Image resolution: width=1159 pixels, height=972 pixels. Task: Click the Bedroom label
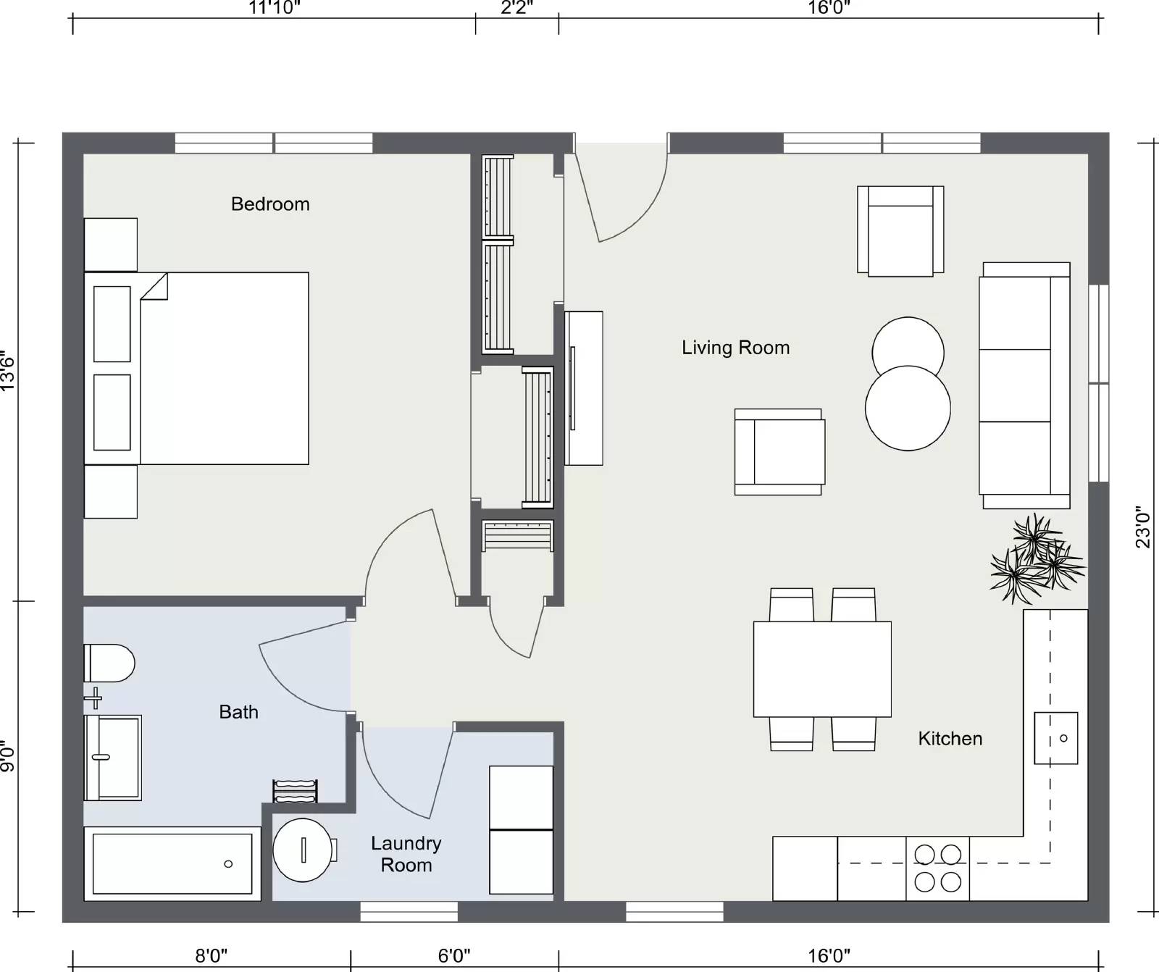[x=270, y=204]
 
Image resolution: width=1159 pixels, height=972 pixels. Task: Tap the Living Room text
[x=735, y=348]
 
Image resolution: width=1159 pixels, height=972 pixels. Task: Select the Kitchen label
[x=950, y=739]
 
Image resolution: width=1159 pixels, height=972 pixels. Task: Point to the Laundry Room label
[x=406, y=854]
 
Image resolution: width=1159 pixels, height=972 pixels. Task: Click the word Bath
[x=238, y=712]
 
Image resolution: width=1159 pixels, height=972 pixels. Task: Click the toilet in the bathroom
[x=109, y=663]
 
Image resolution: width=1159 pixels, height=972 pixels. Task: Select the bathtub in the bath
[x=172, y=863]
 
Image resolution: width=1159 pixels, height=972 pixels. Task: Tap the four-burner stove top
[x=937, y=868]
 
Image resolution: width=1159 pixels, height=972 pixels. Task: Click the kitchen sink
[x=1055, y=738]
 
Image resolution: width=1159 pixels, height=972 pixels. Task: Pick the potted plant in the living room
[x=1037, y=558]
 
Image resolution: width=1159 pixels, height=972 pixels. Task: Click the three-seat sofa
[x=1024, y=385]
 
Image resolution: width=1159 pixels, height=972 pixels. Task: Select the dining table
[x=822, y=669]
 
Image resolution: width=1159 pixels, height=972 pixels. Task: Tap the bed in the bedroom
[x=197, y=368]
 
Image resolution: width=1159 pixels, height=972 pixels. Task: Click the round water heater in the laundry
[x=304, y=850]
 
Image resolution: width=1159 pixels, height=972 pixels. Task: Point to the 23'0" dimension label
[x=1144, y=527]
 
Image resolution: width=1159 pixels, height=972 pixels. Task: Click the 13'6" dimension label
[x=7, y=372]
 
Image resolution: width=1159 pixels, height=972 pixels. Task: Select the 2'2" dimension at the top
[x=517, y=8]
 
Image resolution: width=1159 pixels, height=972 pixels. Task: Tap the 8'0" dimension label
[x=212, y=956]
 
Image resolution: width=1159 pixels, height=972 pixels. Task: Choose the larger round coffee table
[x=908, y=408]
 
